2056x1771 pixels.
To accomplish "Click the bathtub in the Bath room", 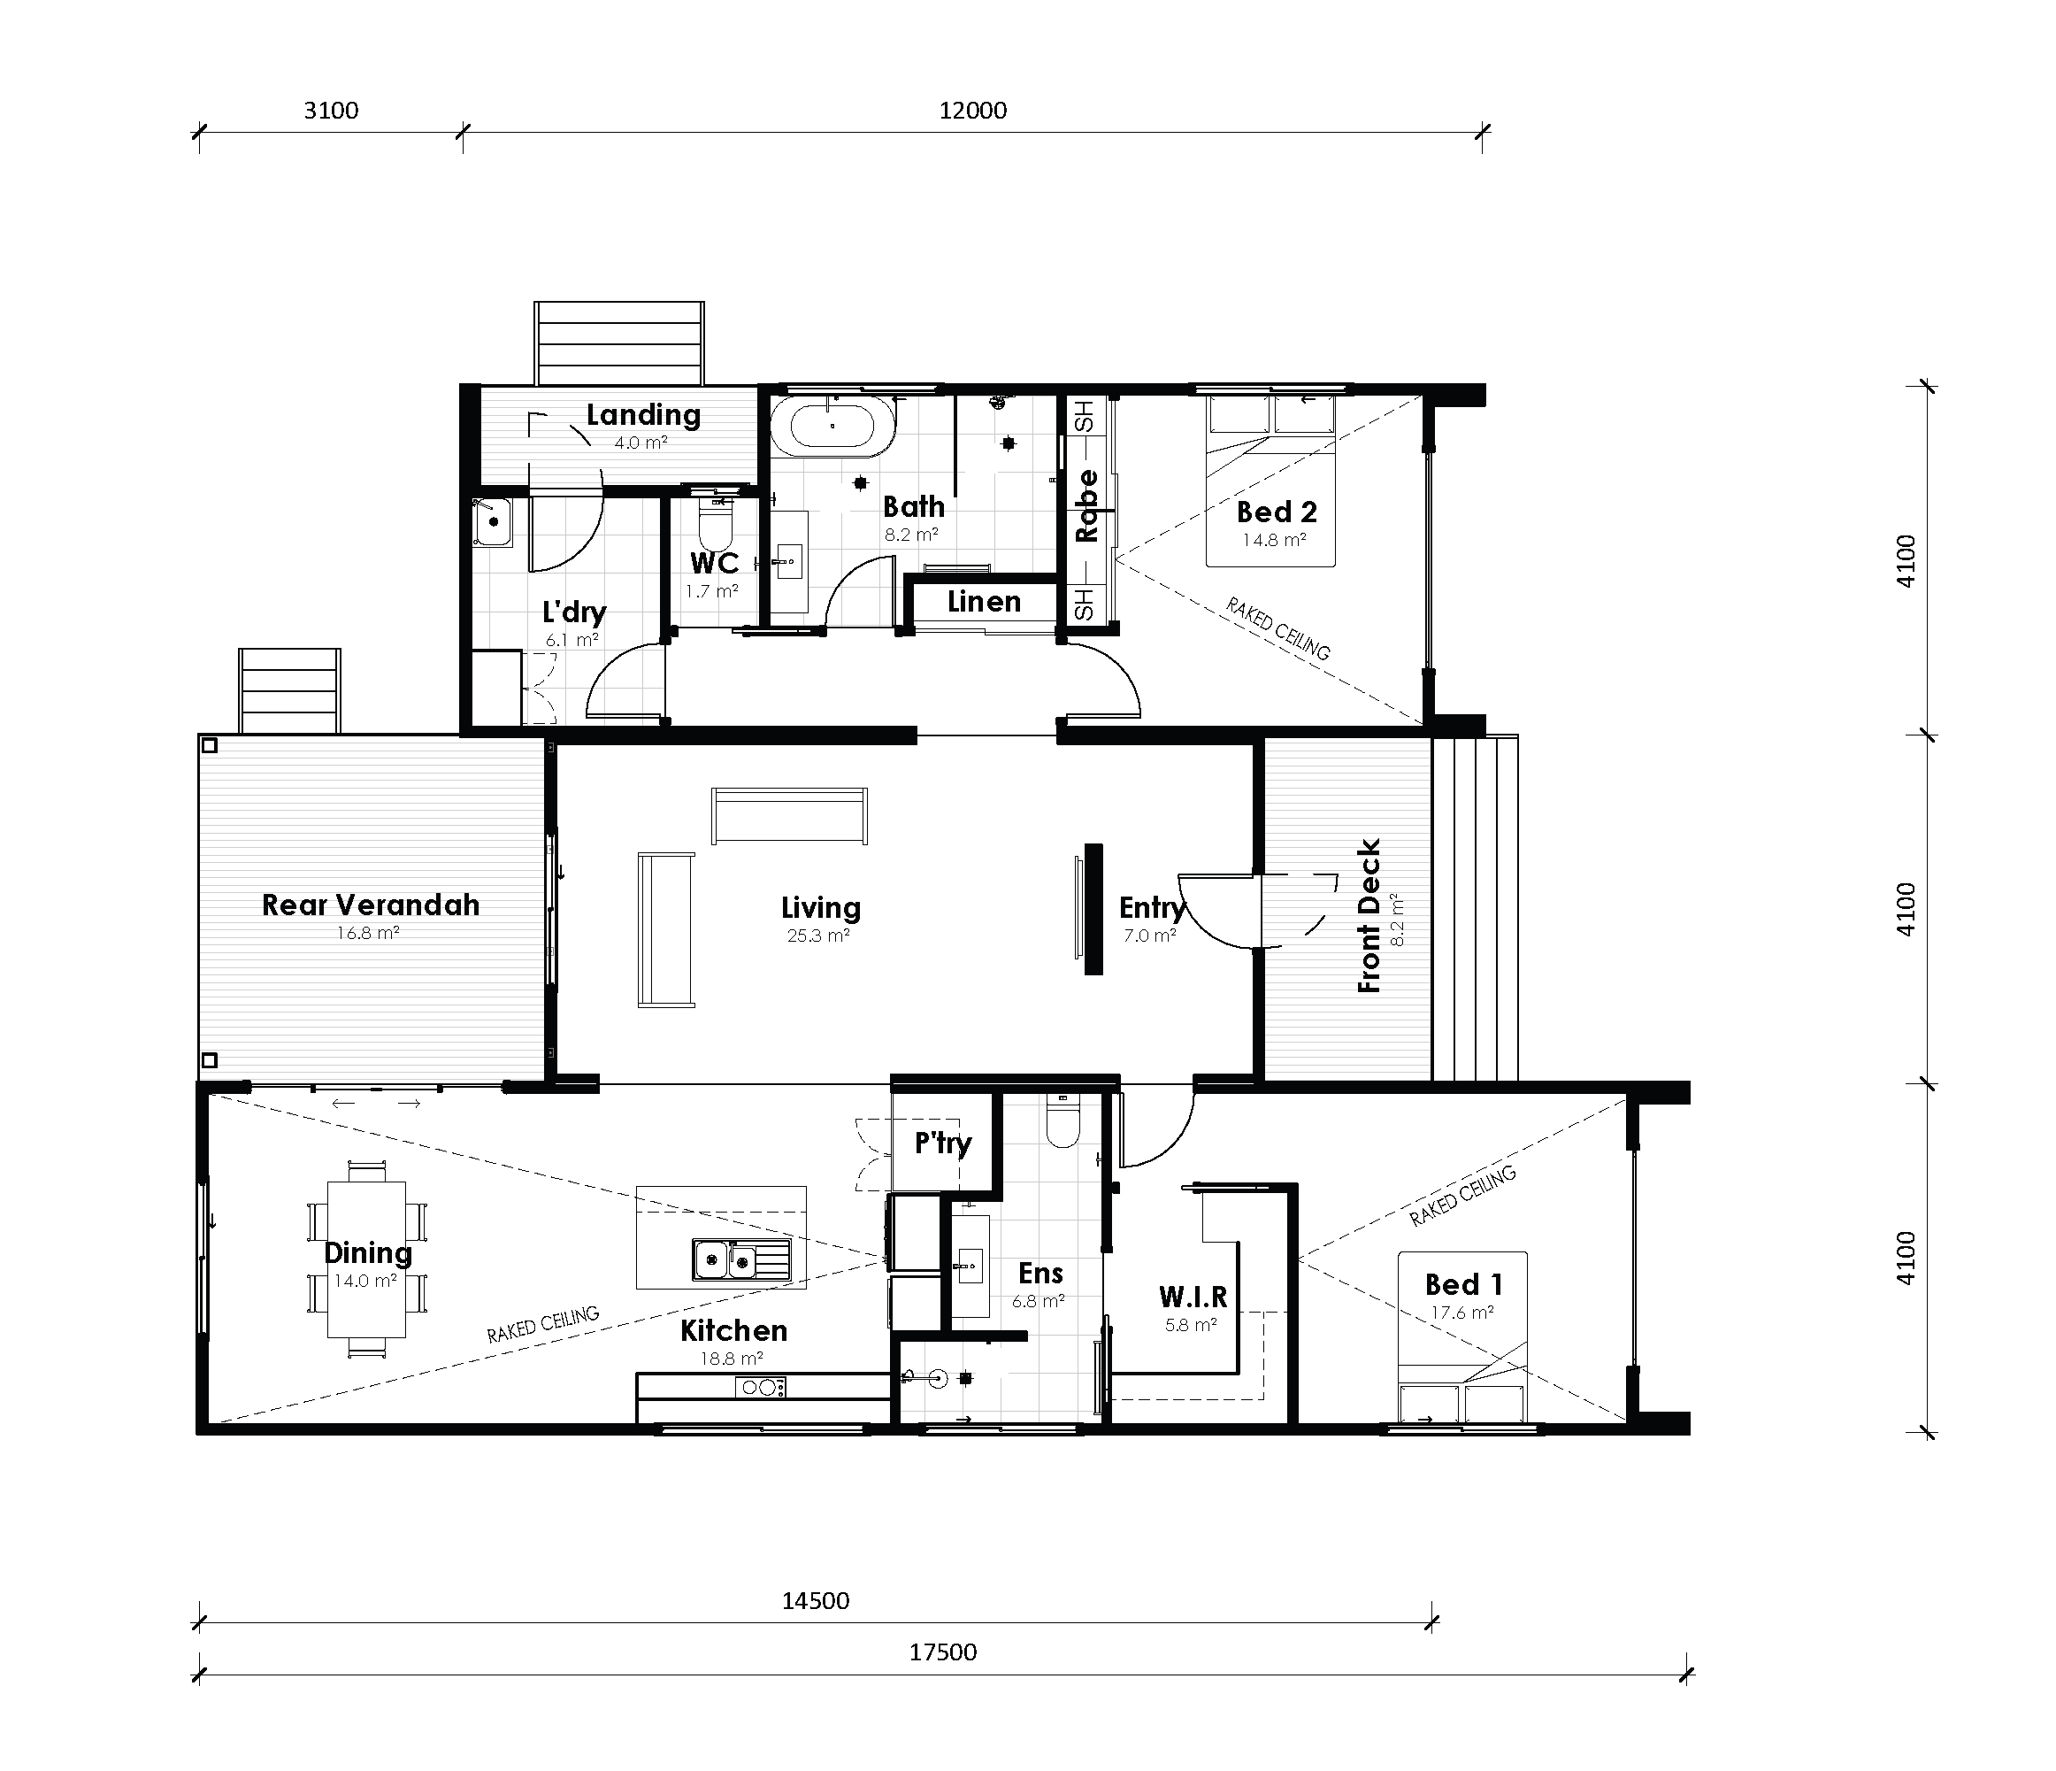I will pos(832,427).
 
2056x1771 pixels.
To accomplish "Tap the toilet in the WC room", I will pos(715,520).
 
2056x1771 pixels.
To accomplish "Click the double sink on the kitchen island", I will pos(740,1260).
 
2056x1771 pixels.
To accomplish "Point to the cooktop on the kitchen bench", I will pos(761,1387).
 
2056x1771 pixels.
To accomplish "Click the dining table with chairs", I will pos(366,1259).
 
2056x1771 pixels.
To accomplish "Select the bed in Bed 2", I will pos(1270,481).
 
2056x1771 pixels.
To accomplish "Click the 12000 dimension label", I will pos(972,111).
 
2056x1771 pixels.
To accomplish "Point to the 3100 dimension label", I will pos(331,111).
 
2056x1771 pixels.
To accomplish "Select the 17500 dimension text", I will pos(943,1652).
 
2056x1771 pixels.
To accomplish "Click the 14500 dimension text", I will pos(816,1600).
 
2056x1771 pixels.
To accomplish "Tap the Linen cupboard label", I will pos(984,602).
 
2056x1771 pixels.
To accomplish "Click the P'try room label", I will pos(943,1143).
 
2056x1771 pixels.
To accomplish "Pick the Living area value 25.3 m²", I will pos(817,936).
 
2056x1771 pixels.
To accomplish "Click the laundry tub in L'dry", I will pos(491,522).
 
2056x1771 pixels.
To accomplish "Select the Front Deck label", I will pos(1369,915).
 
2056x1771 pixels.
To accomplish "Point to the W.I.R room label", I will pos(1193,1297).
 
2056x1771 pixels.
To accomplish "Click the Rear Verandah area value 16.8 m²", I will pos(367,933).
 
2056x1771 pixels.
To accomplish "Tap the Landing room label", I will pos(643,414).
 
